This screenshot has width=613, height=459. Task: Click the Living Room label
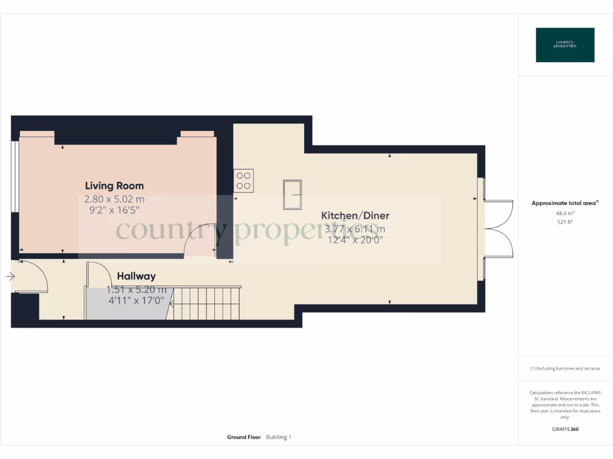114,186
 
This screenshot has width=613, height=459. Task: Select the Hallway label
136,276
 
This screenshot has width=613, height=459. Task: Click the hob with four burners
244,180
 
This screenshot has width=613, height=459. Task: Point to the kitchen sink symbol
293,194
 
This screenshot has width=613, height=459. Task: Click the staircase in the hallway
207,303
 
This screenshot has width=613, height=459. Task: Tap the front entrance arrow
10,276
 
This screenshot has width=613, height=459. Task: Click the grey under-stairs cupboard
127,304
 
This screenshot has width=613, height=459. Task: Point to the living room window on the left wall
15,175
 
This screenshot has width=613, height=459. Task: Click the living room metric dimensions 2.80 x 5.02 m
114,199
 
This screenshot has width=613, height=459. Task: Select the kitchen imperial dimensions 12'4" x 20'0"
354,240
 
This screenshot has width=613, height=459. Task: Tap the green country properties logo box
565,45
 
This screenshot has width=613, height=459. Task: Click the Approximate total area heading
564,203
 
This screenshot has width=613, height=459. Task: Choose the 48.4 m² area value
565,213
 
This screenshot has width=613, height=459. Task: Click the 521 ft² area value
565,222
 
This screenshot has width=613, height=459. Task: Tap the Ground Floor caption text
244,437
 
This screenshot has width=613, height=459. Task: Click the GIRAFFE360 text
565,429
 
